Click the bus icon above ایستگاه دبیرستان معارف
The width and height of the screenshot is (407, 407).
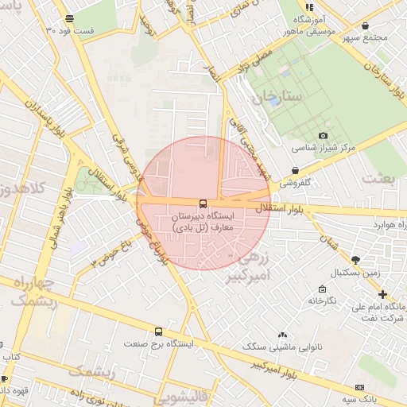coord(203,203)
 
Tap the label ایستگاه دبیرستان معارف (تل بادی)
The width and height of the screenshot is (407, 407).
coord(203,222)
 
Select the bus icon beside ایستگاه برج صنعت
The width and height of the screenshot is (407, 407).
coord(158,331)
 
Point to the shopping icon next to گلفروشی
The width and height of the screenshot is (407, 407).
coord(296,170)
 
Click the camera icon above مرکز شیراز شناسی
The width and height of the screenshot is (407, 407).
coord(323,136)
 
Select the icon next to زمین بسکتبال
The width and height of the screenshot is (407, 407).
coord(355,259)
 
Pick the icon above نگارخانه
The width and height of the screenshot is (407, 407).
coord(322,289)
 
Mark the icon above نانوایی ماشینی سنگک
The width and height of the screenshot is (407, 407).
coord(282,335)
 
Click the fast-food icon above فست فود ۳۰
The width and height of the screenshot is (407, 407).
coord(70,17)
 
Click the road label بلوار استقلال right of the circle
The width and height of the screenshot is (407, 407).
coord(278,207)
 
